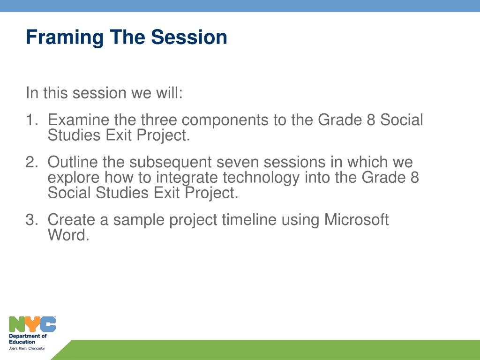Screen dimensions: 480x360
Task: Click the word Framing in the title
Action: [x=65, y=38]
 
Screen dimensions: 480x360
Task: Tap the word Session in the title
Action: [x=189, y=37]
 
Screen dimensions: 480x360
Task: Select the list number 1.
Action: [x=31, y=120]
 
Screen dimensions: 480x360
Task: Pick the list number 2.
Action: [x=32, y=162]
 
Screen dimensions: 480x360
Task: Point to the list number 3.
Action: [x=32, y=219]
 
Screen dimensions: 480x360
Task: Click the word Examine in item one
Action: [x=78, y=120]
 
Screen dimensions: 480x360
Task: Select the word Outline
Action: [x=73, y=162]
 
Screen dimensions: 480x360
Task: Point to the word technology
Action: [x=261, y=178]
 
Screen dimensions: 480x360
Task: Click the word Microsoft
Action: [x=356, y=219]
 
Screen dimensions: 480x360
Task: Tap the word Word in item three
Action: [x=68, y=235]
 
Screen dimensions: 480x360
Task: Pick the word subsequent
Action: [x=170, y=163]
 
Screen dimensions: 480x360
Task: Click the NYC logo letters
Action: [x=32, y=324]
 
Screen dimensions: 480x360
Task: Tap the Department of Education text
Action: [x=28, y=339]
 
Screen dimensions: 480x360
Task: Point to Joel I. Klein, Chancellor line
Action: [x=27, y=348]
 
